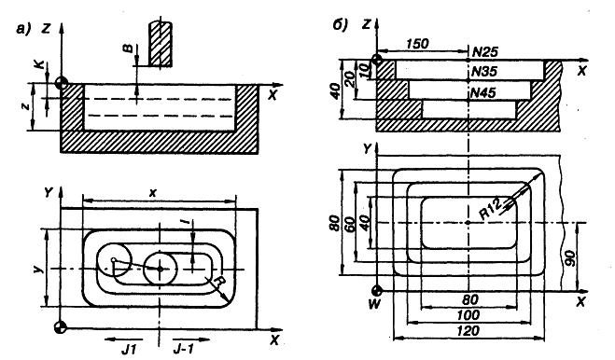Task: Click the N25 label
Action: pos(485,51)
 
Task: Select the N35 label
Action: pos(484,72)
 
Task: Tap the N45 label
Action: pos(482,92)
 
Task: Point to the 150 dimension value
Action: pos(416,44)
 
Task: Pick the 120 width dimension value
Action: pos(468,330)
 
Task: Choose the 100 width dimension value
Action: pos(468,315)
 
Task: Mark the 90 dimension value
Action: pos(570,257)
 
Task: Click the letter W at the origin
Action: pos(375,304)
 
